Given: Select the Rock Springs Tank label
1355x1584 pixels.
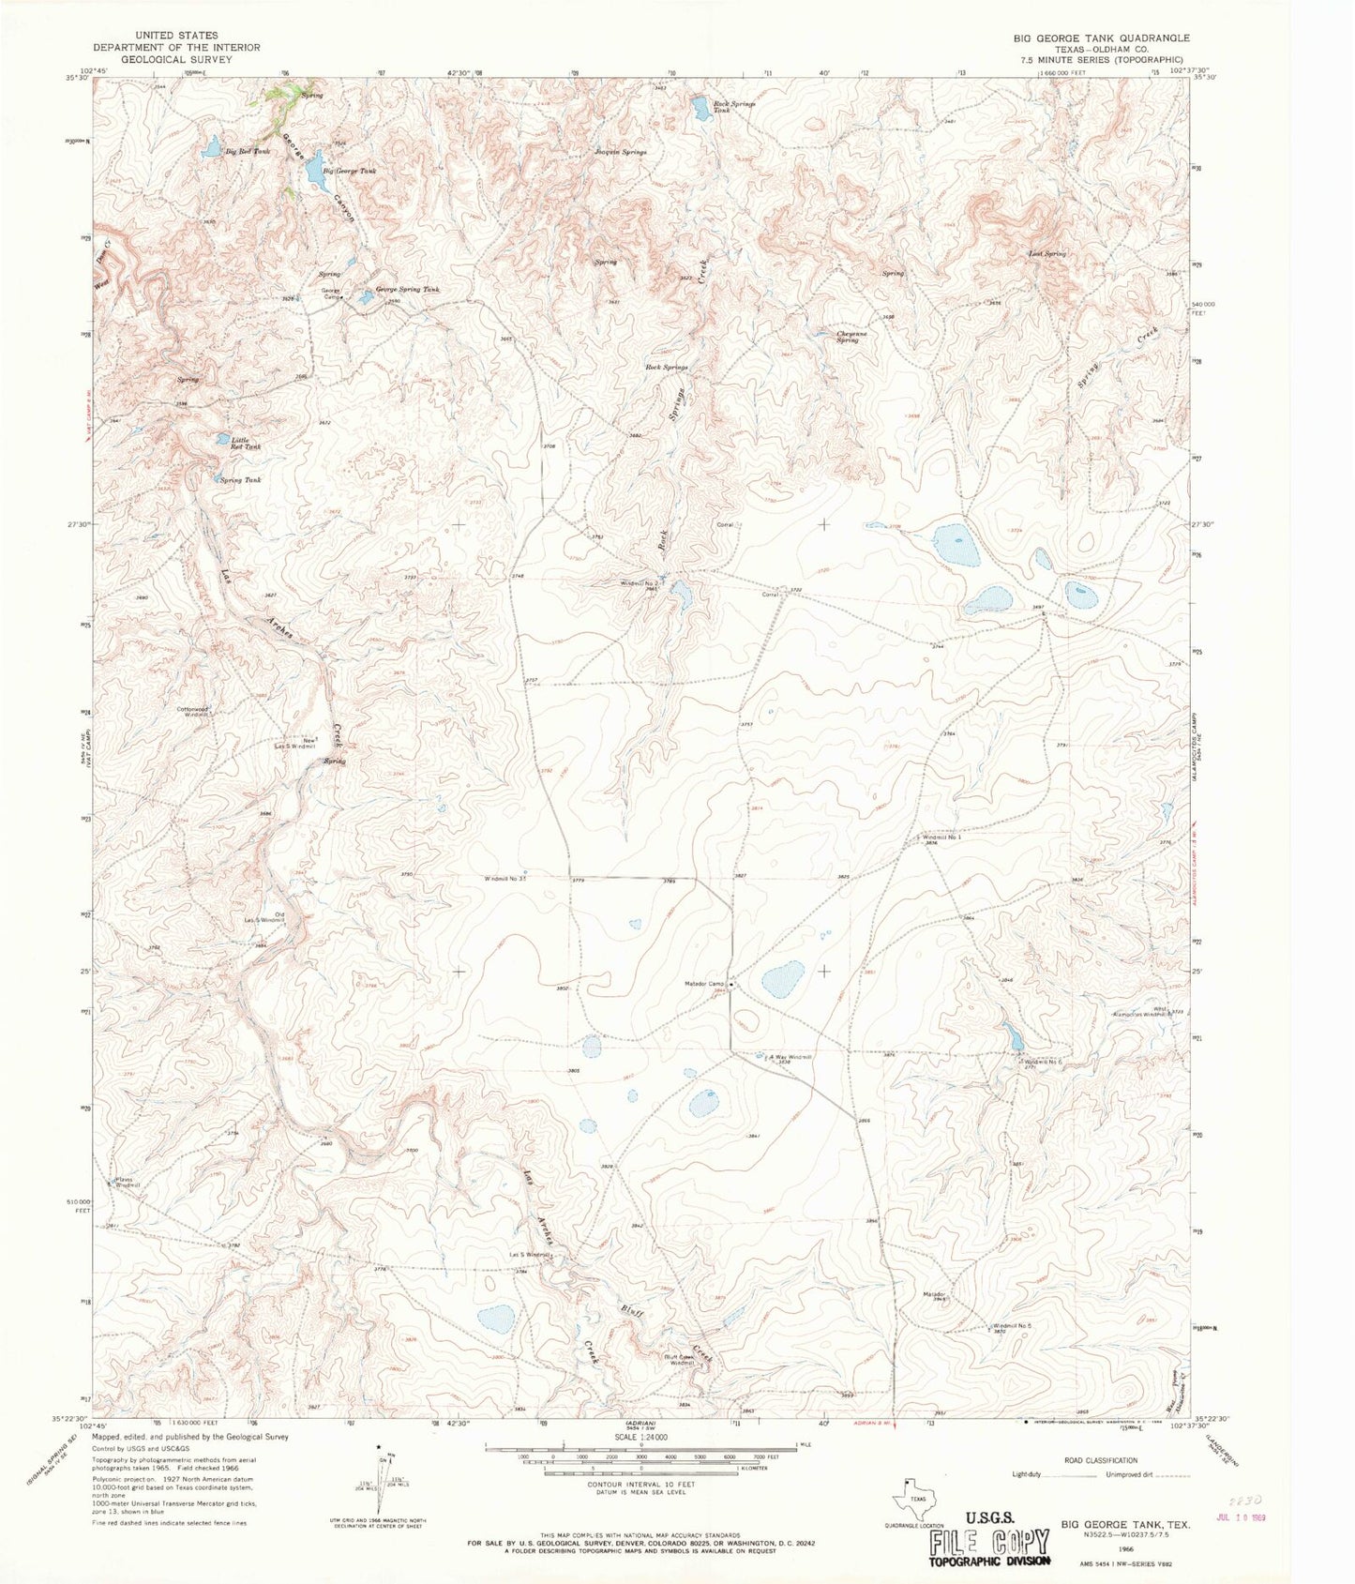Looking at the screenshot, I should tap(733, 107).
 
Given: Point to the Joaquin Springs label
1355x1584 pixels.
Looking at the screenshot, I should tap(621, 152).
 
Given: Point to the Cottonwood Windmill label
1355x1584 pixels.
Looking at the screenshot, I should tap(198, 711).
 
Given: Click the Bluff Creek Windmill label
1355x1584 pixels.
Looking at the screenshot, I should tap(679, 1359).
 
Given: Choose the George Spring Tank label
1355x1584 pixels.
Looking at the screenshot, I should tap(407, 290).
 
